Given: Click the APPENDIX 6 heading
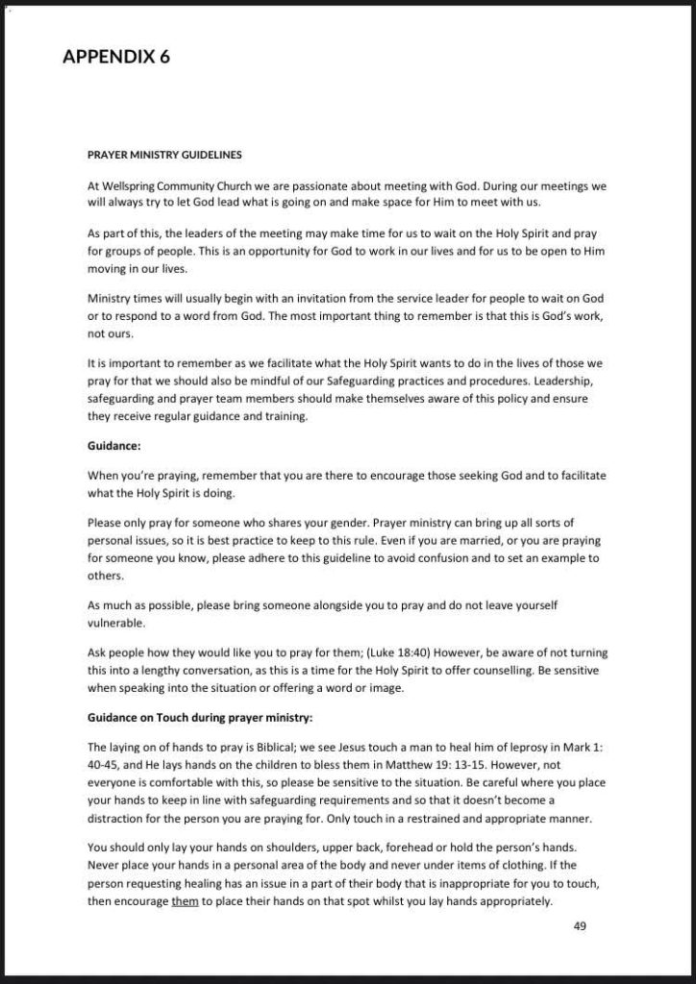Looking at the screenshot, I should click(x=116, y=57).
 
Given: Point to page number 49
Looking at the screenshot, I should click(x=580, y=926).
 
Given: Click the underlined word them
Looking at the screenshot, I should click(x=186, y=901).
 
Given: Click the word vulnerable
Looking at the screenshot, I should click(x=117, y=623).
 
